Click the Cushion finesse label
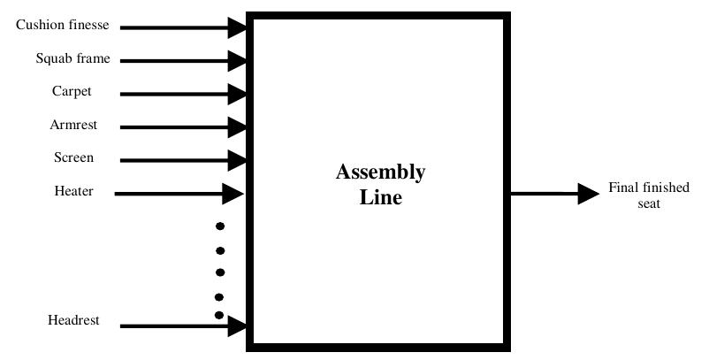(63, 26)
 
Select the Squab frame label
(72, 59)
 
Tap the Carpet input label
(72, 92)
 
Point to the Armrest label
(73, 126)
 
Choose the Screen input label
(73, 158)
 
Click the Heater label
(73, 191)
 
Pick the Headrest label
(73, 320)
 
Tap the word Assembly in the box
(380, 172)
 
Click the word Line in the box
(380, 197)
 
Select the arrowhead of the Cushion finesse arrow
(237, 27)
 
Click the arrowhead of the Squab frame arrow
(237, 60)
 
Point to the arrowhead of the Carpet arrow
(237, 94)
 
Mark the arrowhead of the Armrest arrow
(237, 126)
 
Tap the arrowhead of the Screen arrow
(237, 160)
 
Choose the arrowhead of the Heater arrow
(232, 193)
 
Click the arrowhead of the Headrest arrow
(237, 326)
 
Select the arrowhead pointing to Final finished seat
(589, 193)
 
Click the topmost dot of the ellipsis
(220, 226)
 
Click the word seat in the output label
(649, 203)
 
